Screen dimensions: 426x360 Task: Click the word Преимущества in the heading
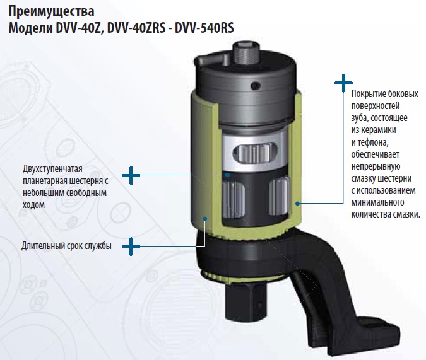[x=51, y=11]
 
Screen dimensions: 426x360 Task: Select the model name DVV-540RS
[x=204, y=28]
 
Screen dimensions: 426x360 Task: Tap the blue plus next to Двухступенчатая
[x=131, y=175]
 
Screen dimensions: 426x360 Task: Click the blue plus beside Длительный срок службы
[x=131, y=247]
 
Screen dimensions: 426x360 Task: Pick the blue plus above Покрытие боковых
[x=343, y=83]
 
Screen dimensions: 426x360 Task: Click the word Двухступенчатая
[x=52, y=169]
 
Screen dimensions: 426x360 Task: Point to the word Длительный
[x=42, y=246]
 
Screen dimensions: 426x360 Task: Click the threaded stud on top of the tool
[x=246, y=54]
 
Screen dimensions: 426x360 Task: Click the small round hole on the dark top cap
[x=256, y=86]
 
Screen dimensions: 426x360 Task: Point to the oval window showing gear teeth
[x=254, y=153]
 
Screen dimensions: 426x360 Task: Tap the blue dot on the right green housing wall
[x=298, y=203]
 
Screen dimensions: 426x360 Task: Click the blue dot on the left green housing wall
[x=205, y=218]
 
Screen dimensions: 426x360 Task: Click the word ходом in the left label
[x=33, y=205]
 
